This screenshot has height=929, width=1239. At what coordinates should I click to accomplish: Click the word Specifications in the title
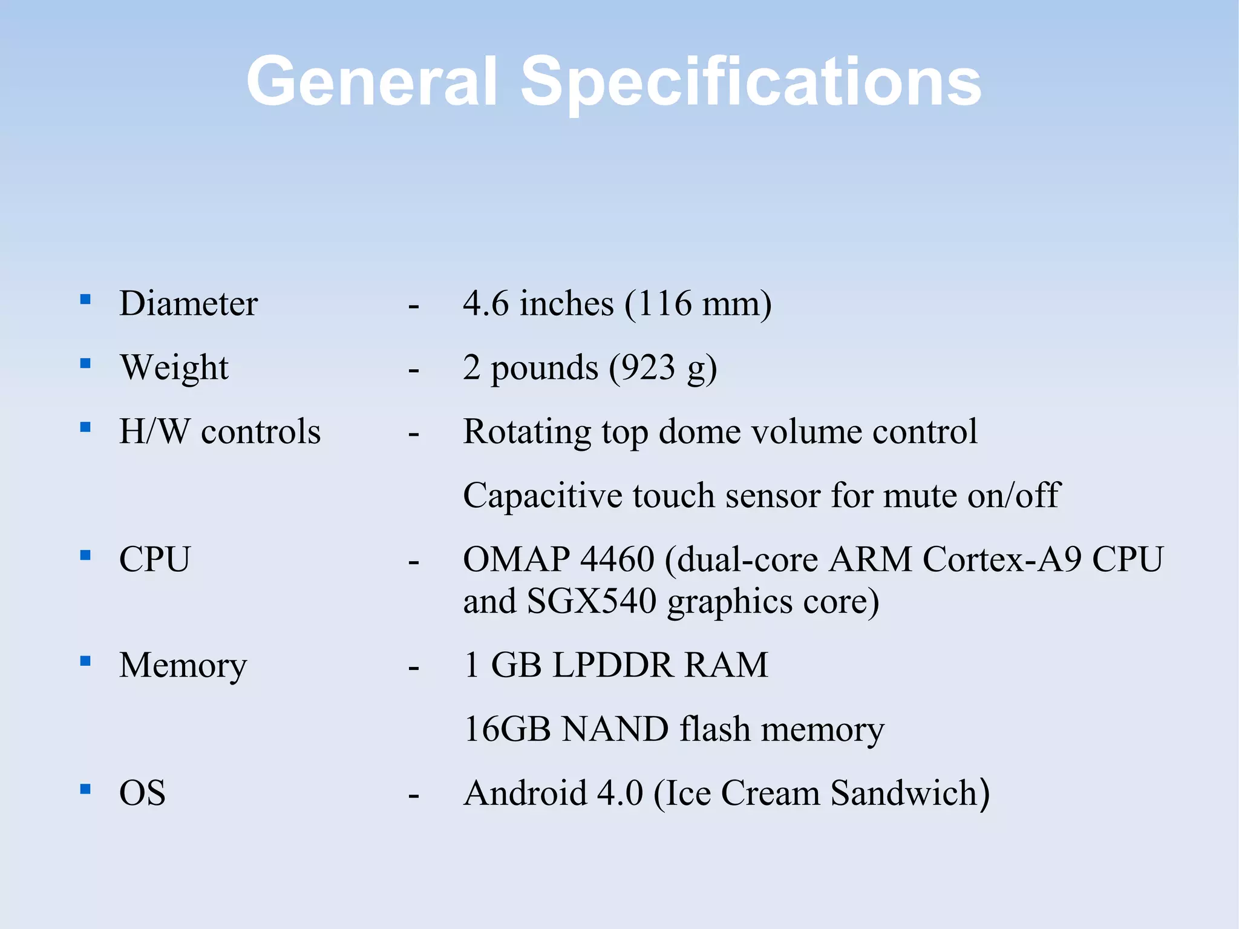coord(750,82)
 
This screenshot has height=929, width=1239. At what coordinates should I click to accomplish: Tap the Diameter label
coord(188,303)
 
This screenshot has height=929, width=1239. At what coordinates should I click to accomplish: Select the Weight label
coord(174,367)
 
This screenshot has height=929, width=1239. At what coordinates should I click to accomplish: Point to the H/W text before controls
coord(154,432)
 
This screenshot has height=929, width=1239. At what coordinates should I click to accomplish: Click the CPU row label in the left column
coord(155,559)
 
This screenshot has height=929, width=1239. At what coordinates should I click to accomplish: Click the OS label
coord(142,793)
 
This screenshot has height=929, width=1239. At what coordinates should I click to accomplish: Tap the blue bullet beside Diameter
coord(85,299)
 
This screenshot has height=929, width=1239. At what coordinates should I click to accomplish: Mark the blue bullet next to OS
coord(85,789)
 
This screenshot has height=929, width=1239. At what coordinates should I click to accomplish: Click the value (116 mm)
coord(698,304)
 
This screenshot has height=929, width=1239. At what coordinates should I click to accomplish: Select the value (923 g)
coord(662,368)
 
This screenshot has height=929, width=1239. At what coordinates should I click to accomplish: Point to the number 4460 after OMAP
coord(617,559)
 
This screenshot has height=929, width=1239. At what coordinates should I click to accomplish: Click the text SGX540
coord(591,602)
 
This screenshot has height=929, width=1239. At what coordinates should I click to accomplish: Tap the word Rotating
coord(526,432)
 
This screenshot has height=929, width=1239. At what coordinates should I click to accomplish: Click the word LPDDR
coord(613,665)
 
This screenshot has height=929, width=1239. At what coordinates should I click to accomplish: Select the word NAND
coord(615,729)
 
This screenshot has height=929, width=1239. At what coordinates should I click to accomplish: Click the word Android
coord(525,793)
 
